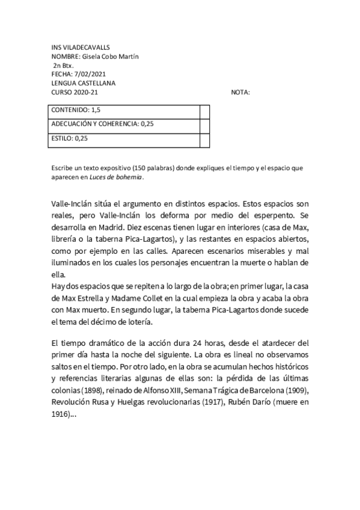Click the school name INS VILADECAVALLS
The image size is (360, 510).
[x=81, y=48]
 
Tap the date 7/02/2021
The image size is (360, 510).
[x=84, y=75]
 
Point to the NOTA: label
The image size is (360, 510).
[x=240, y=92]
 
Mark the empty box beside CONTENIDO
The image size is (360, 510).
[x=204, y=111]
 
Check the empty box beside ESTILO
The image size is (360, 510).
[x=204, y=139]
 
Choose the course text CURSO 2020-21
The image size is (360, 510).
[x=75, y=92]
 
